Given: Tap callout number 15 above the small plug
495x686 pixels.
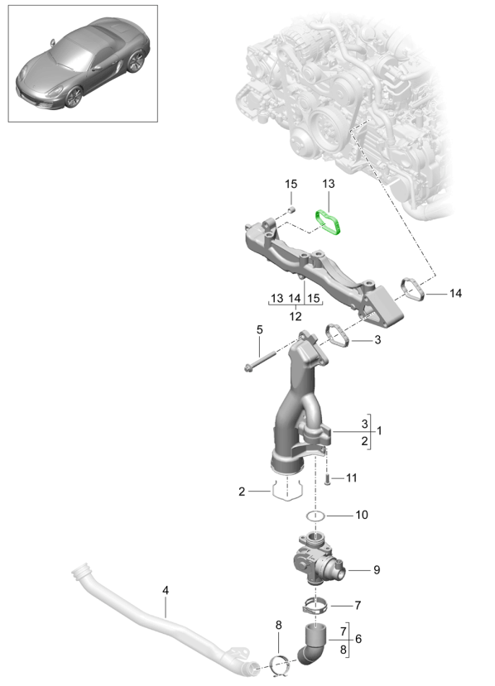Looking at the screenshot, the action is click(x=291, y=185).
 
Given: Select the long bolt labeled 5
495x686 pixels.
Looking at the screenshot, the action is click(x=260, y=361).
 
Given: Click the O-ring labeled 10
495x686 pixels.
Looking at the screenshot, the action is click(x=315, y=516).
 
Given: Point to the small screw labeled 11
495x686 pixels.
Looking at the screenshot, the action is click(x=327, y=479).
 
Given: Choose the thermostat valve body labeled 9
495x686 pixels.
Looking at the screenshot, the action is click(x=318, y=559).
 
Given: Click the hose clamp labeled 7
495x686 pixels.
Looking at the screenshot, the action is click(x=315, y=607).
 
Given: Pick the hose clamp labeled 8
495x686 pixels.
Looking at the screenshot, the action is click(x=279, y=664).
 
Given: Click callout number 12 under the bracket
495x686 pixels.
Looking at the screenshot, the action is click(x=296, y=316).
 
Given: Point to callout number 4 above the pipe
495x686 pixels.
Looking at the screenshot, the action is click(x=166, y=590).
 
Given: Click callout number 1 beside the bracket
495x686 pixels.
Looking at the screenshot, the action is click(x=379, y=430).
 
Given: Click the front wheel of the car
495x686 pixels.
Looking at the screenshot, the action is click(x=74, y=97).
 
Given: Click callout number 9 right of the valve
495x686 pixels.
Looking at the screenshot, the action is click(x=377, y=569).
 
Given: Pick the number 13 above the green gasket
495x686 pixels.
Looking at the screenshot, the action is click(x=329, y=184).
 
